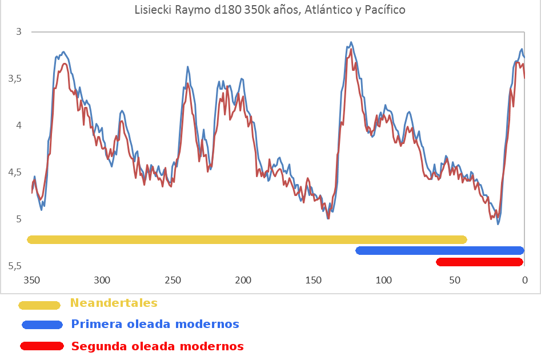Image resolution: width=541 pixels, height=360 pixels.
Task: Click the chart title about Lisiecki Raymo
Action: pos(270,10)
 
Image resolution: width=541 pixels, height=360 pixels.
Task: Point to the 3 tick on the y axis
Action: pos(19,32)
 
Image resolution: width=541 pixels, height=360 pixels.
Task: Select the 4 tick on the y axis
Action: pos(19,126)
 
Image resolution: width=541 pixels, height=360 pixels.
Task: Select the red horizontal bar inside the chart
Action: pos(479,262)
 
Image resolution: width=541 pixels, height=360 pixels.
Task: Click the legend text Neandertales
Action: pos(114,303)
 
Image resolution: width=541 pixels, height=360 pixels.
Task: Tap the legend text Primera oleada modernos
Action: pos(155,325)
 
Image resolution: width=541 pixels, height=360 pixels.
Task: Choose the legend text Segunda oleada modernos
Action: pos(157,346)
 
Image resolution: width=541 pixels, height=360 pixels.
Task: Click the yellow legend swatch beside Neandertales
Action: pos(39,305)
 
